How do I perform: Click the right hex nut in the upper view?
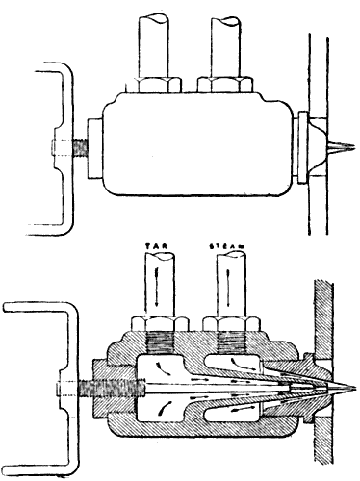tap(227, 86)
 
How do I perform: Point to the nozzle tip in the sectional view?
tap(342, 392)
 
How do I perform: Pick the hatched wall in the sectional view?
tap(322, 317)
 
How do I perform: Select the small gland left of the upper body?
tap(96, 149)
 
